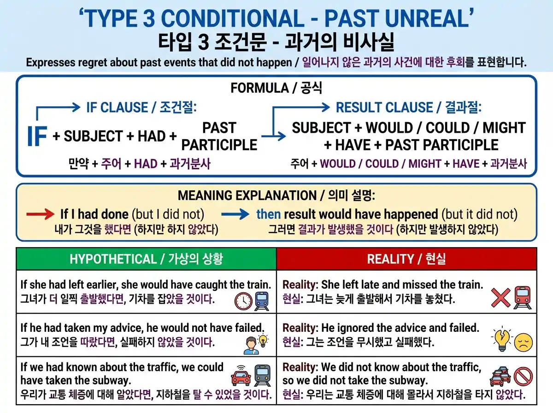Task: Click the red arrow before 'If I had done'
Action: (40, 214)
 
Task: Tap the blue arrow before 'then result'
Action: (235, 214)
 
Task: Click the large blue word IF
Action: (37, 136)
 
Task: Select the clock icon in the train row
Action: (243, 301)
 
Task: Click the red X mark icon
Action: (501, 298)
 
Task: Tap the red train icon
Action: (523, 298)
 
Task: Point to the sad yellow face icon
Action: (523, 342)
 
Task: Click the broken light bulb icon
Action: (501, 338)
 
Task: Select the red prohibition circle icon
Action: (523, 376)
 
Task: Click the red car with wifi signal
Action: (241, 375)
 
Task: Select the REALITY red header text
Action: (390, 259)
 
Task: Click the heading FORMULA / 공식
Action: (276, 88)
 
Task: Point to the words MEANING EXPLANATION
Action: (247, 195)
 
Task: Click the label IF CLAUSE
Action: (117, 107)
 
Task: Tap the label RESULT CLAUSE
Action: (384, 107)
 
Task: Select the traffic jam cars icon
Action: (500, 376)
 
